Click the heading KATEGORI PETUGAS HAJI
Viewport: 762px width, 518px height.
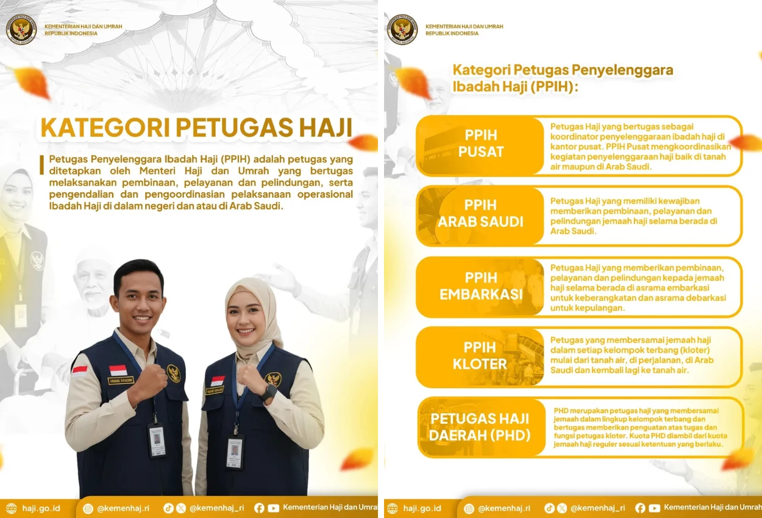pyautogui.click(x=196, y=128)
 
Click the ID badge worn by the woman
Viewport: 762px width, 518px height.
pyautogui.click(x=235, y=451)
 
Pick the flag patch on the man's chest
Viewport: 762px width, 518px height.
pyautogui.click(x=118, y=370)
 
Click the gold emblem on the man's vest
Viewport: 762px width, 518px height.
pyautogui.click(x=174, y=373)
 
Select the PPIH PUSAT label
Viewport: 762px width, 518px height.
pyautogui.click(x=481, y=143)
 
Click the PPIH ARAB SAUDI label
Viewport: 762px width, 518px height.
pyautogui.click(x=480, y=214)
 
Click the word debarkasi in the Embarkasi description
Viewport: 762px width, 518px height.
pyautogui.click(x=705, y=298)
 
